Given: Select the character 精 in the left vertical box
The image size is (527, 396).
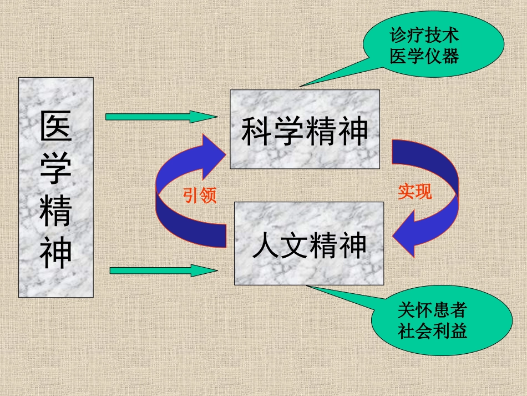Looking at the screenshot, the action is coord(55,209).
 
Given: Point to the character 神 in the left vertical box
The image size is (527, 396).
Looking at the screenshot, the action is coord(55,251).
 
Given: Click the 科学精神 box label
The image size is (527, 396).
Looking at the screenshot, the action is coord(305,131).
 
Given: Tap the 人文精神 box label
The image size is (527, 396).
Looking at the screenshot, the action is coord(309,245).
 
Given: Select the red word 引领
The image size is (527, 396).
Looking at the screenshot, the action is coord(199,195).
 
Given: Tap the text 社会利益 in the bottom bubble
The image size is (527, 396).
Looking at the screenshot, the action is coord(432,331).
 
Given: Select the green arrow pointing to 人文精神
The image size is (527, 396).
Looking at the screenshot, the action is coord(163,270).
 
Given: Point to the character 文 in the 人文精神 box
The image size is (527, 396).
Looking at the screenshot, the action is coord(295,245).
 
